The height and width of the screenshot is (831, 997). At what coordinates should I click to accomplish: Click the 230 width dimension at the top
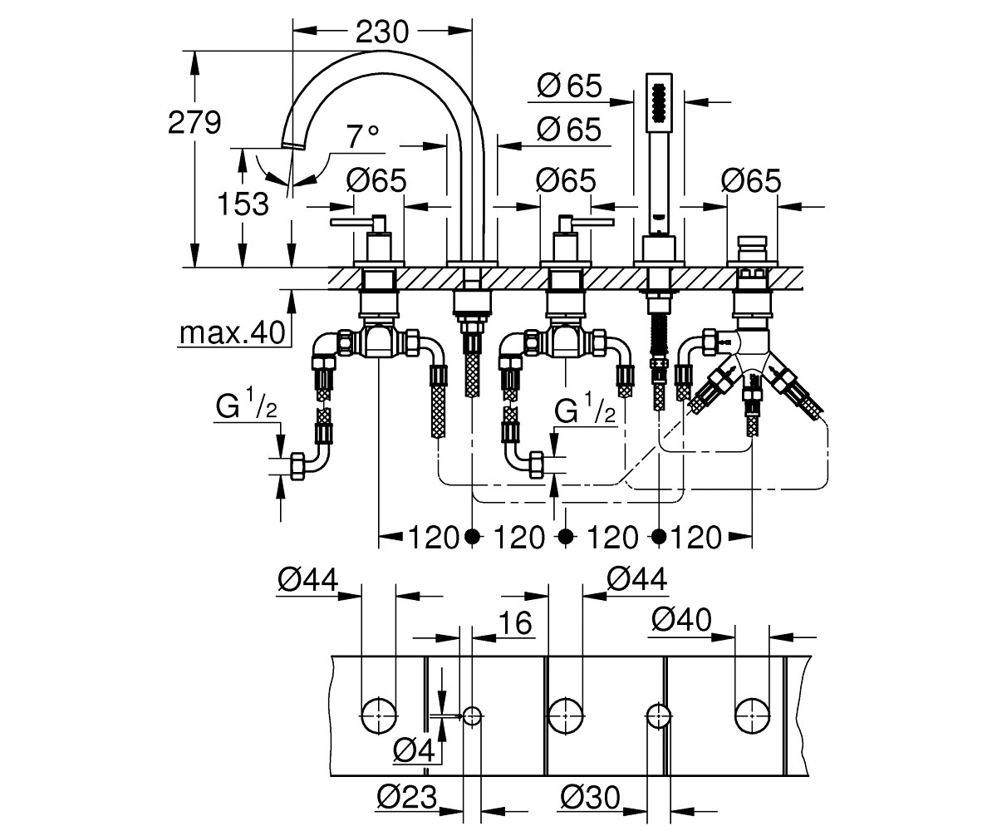pyautogui.click(x=382, y=32)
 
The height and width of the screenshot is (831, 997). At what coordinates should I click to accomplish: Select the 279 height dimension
pyautogui.click(x=194, y=123)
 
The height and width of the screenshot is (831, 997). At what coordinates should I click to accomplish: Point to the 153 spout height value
pyautogui.click(x=243, y=204)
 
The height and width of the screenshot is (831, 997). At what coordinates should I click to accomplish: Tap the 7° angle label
pyautogui.click(x=363, y=137)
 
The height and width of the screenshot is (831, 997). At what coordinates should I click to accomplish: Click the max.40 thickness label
pyautogui.click(x=233, y=332)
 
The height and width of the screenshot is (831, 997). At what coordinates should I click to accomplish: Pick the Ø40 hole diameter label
pyautogui.click(x=682, y=620)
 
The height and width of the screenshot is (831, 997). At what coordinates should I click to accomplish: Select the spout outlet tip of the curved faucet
pyautogui.click(x=293, y=146)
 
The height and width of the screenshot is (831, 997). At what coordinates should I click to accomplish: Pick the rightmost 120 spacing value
pyautogui.click(x=696, y=537)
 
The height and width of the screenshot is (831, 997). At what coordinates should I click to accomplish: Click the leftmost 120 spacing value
pyautogui.click(x=433, y=537)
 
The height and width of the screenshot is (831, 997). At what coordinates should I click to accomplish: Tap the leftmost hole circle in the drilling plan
pyautogui.click(x=379, y=716)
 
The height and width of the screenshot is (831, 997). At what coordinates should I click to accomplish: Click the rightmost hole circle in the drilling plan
pyautogui.click(x=752, y=716)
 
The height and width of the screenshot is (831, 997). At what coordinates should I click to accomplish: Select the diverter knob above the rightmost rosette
pyautogui.click(x=752, y=248)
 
